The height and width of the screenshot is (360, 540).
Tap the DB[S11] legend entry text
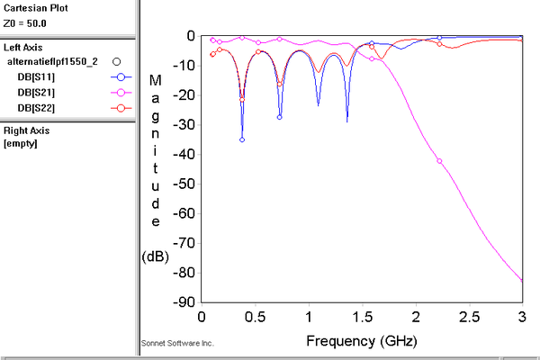pos(39,77)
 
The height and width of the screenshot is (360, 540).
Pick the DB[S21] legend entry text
pos(39,93)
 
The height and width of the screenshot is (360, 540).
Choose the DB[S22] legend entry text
pos(39,108)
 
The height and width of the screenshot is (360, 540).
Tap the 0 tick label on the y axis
pos(191,35)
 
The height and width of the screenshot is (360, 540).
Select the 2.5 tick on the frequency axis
pos(469,319)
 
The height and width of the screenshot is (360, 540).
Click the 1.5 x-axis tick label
pos(362,319)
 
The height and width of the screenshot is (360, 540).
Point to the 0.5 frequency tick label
pos(255,319)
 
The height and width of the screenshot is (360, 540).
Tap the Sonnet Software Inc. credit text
pos(178,344)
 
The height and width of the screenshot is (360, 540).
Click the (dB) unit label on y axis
pos(154,256)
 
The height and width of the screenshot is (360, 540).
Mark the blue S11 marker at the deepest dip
pos(241,139)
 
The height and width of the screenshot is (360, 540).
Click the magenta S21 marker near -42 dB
pos(439,161)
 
